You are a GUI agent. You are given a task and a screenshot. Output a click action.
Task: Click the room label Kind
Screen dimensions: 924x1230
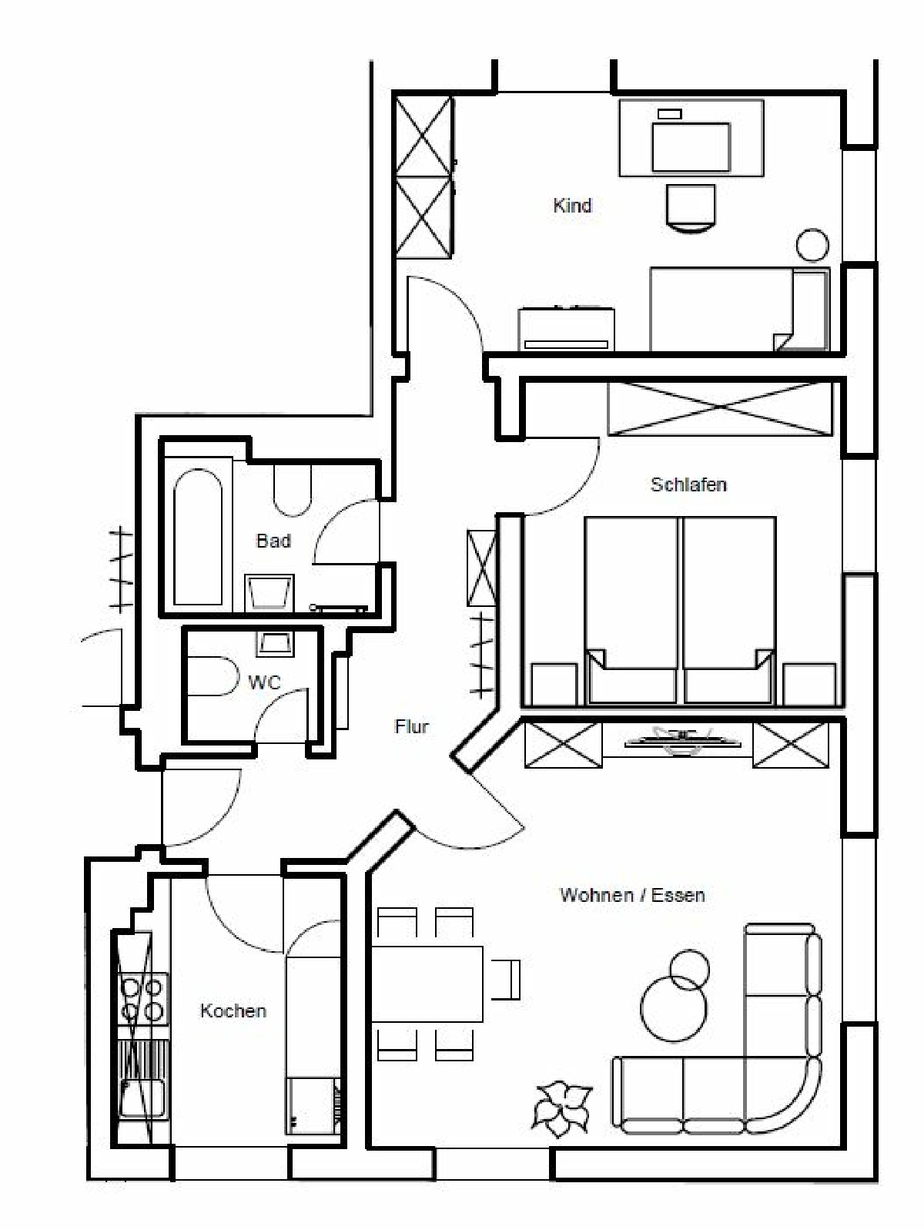click(x=572, y=206)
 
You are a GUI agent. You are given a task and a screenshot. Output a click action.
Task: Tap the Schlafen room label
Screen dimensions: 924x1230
click(x=689, y=484)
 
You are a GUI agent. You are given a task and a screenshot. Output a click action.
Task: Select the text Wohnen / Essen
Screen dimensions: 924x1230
click(x=632, y=895)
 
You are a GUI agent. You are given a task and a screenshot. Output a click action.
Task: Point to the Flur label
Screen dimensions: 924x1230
click(x=412, y=727)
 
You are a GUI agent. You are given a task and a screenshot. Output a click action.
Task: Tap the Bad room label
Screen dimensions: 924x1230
click(x=273, y=541)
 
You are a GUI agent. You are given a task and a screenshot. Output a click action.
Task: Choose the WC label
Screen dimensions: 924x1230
click(x=264, y=682)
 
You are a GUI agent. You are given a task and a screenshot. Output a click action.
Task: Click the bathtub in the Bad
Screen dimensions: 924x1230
click(x=198, y=537)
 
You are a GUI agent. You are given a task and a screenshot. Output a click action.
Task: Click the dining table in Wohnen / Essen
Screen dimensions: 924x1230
click(x=427, y=984)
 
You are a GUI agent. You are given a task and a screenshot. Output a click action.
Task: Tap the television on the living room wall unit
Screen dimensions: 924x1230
click(x=683, y=741)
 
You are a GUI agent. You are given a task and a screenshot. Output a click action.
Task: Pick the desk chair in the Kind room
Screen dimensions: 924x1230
click(x=691, y=207)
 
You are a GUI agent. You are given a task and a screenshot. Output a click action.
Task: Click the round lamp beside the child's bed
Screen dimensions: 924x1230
click(x=812, y=245)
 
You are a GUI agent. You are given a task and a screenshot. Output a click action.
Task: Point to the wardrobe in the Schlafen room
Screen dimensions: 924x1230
click(x=721, y=408)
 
